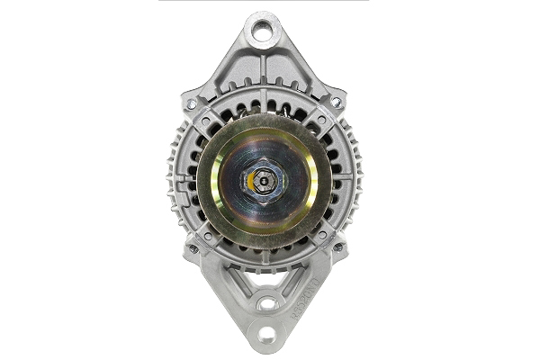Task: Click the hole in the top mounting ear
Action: [262, 33]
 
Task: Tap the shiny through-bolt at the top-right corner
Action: [336, 102]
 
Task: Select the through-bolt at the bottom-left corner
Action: [192, 248]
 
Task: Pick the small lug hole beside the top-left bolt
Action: [206, 119]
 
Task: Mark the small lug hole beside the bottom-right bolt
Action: [322, 236]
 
